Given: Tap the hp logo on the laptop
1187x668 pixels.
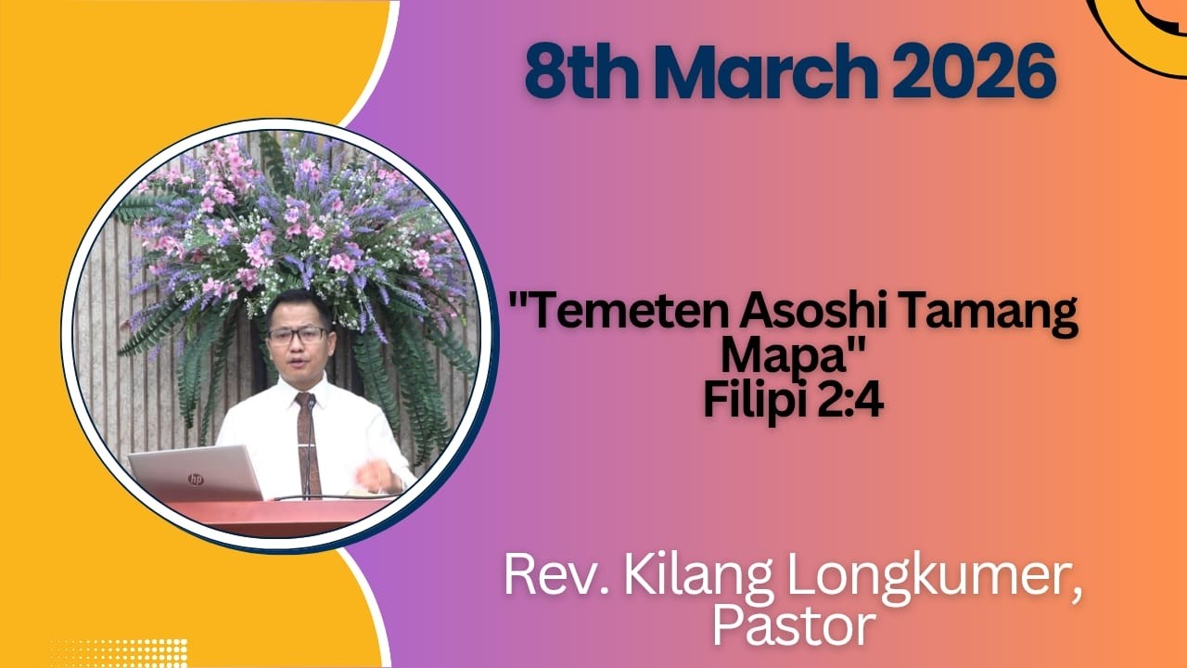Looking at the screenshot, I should point(196,479).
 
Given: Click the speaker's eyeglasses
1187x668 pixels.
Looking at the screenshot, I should point(296,335).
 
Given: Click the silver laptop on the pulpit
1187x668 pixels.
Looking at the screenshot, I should point(197,474).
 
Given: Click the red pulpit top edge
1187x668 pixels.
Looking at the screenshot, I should point(278,506).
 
